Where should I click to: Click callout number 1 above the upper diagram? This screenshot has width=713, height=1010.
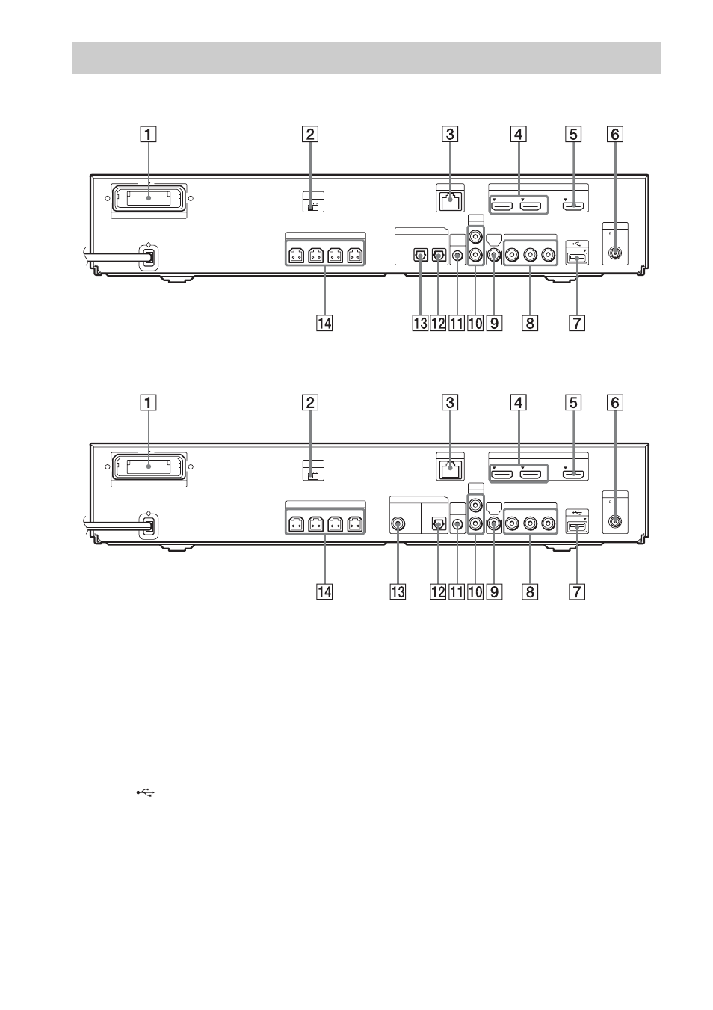click(x=148, y=135)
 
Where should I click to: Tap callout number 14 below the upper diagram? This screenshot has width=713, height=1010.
click(x=324, y=323)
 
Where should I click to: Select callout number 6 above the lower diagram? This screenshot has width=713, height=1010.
click(x=615, y=403)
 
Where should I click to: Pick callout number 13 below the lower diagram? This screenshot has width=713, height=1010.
click(x=398, y=591)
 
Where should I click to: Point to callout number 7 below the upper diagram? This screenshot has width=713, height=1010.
click(x=577, y=323)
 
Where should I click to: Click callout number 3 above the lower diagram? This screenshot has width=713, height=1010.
click(x=450, y=403)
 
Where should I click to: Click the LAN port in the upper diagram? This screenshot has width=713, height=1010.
click(x=450, y=200)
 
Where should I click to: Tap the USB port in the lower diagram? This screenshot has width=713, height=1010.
click(x=577, y=526)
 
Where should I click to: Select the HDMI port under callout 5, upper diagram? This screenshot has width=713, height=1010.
click(x=573, y=206)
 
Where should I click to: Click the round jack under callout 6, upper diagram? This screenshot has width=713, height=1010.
click(x=615, y=253)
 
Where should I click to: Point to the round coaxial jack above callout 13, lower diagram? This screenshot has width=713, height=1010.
click(x=398, y=524)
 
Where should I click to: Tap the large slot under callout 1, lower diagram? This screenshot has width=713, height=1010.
click(x=149, y=467)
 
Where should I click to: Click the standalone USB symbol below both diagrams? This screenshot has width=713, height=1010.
click(x=146, y=792)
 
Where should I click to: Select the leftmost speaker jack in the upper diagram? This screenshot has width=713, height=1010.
click(x=296, y=256)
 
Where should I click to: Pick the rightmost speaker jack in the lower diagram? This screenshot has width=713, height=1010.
click(x=355, y=524)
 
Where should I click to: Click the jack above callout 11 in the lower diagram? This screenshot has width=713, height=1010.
click(x=458, y=524)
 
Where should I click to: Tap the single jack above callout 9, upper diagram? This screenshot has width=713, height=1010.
click(x=495, y=256)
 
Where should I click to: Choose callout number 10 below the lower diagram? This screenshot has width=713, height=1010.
click(x=475, y=591)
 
